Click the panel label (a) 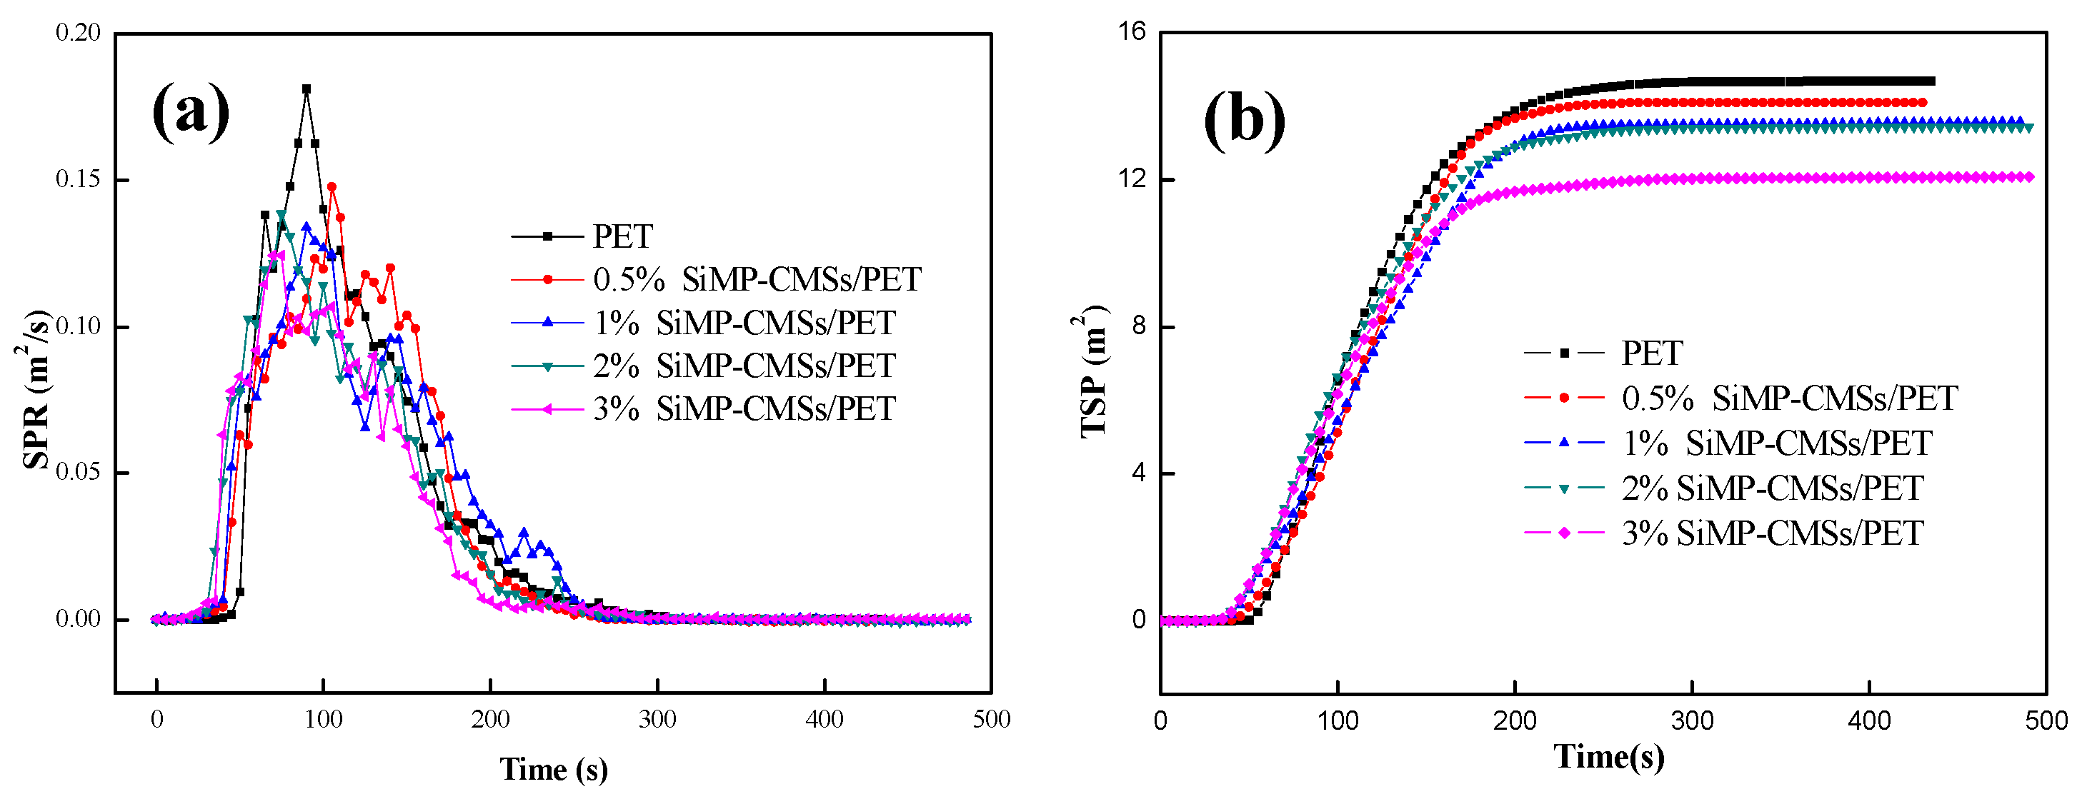tap(191, 111)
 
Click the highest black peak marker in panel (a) tap(307, 89)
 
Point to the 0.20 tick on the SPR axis tap(79, 33)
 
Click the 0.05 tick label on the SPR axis tap(79, 472)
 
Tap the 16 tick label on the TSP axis tap(1132, 31)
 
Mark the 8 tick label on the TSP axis tap(1139, 326)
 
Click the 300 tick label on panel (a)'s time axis tap(657, 719)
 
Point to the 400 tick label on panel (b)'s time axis tap(1868, 720)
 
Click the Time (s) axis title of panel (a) tap(554, 769)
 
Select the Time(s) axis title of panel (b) tap(1608, 757)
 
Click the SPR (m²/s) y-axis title tap(35, 388)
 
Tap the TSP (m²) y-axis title tap(1092, 371)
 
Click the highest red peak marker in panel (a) tap(332, 186)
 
